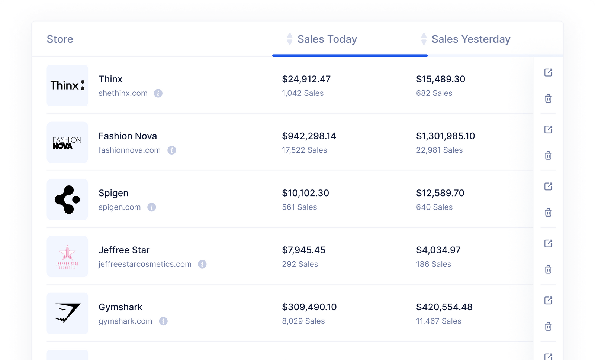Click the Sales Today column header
click(x=327, y=39)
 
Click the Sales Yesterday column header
click(x=470, y=39)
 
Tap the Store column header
click(x=60, y=39)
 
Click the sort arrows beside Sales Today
click(x=290, y=39)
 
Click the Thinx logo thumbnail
click(x=67, y=85)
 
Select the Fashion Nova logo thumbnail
click(x=67, y=142)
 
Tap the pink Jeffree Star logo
click(x=67, y=256)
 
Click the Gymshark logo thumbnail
click(x=67, y=313)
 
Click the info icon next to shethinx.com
click(x=158, y=93)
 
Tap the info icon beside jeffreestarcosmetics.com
click(x=202, y=264)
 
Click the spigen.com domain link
click(x=119, y=207)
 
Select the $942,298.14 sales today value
click(x=309, y=136)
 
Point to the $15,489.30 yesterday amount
click(x=441, y=79)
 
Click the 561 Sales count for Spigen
click(x=299, y=207)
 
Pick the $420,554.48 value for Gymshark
click(x=444, y=307)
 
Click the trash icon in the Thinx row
click(x=548, y=98)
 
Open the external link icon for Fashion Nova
click(x=548, y=129)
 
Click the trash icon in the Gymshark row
click(x=548, y=327)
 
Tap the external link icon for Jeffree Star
click(x=548, y=243)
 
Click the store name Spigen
click(x=113, y=193)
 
